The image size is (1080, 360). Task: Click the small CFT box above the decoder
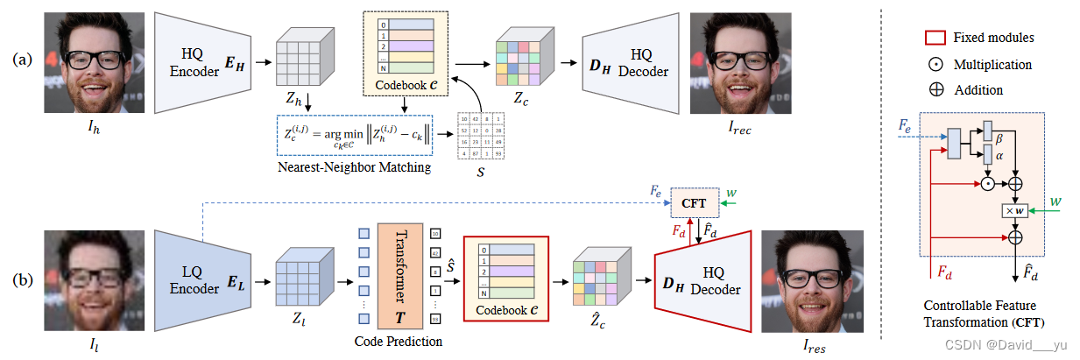695,201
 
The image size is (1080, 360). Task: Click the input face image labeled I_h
93,62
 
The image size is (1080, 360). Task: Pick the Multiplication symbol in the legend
937,65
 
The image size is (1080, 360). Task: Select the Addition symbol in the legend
937,90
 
